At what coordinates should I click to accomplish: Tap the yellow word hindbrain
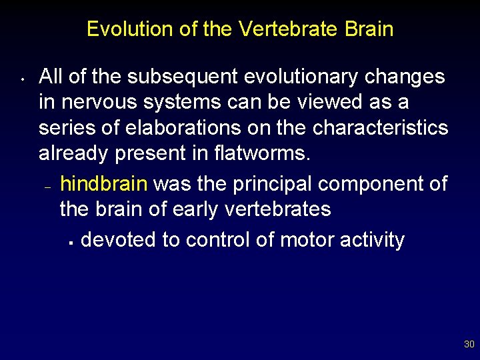click(103, 184)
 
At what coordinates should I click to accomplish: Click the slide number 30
click(469, 345)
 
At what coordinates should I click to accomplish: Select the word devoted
click(118, 240)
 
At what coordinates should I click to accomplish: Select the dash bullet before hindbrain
click(47, 188)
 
